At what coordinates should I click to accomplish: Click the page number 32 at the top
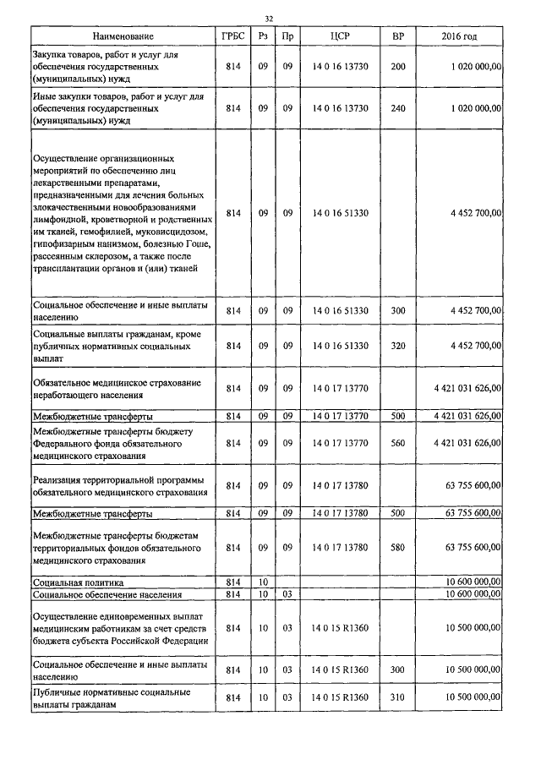pos(269,19)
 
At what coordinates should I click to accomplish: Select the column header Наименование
pos(123,37)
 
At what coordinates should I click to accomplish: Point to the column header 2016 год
pos(460,37)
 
